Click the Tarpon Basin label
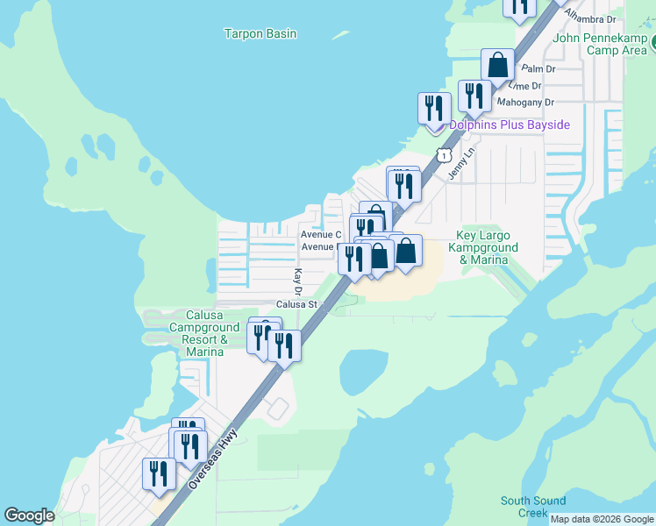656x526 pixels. click(260, 34)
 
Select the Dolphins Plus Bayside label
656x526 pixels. click(510, 125)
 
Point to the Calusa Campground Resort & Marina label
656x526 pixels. click(204, 333)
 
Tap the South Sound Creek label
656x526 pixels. click(533, 507)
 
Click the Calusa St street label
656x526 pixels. click(296, 304)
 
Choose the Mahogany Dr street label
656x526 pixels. click(526, 102)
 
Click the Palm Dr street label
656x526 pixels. click(538, 68)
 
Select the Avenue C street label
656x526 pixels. click(320, 235)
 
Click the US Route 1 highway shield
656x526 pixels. click(446, 156)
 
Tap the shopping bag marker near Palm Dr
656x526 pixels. click(497, 66)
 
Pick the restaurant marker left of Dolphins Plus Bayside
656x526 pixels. click(434, 109)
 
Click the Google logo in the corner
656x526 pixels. click(29, 515)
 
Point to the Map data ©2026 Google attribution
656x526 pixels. click(602, 519)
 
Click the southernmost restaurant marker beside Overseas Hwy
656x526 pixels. click(159, 474)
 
